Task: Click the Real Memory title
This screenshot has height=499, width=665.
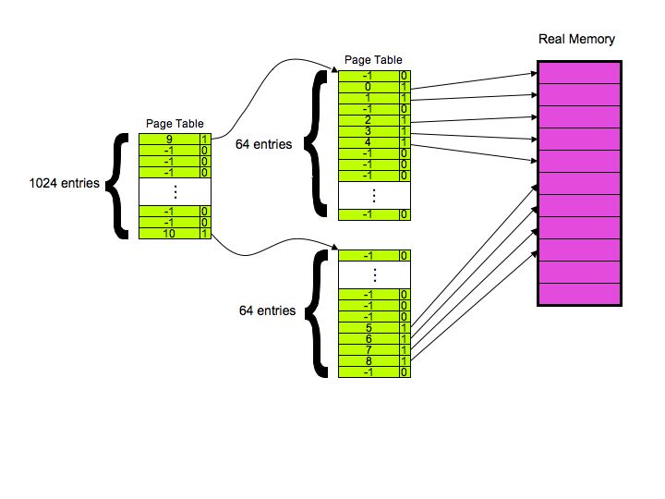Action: click(576, 40)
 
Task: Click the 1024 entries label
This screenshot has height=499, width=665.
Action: click(65, 184)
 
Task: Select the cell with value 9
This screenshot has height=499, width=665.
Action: click(169, 140)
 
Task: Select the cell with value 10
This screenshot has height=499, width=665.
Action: click(169, 234)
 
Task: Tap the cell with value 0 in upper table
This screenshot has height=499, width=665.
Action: click(369, 86)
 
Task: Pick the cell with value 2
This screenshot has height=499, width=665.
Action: click(369, 119)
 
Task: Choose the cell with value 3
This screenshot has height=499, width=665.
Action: click(369, 130)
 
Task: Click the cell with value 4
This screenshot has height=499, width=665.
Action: click(369, 141)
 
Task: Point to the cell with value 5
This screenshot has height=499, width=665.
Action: click(369, 327)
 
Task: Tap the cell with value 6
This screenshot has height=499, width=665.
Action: click(369, 338)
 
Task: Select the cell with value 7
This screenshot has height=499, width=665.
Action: click(369, 349)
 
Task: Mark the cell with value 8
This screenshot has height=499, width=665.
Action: click(369, 360)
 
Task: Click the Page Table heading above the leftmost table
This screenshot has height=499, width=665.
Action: click(175, 124)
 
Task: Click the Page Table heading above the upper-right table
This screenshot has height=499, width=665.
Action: click(373, 60)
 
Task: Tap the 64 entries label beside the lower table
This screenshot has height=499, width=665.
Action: click(268, 311)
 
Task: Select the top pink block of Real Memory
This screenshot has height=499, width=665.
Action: click(577, 72)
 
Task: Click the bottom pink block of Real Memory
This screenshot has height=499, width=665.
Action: click(577, 294)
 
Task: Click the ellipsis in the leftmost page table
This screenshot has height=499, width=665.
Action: click(175, 191)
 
